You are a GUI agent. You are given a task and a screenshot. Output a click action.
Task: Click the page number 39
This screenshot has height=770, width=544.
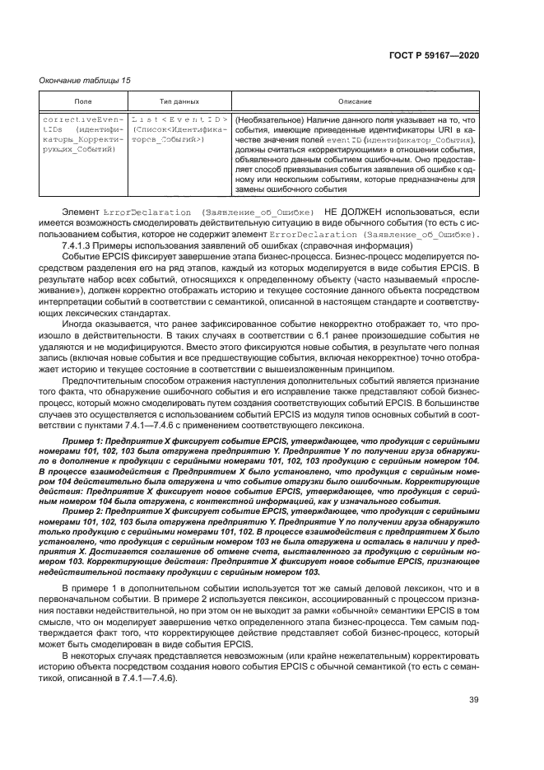click(473, 701)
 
